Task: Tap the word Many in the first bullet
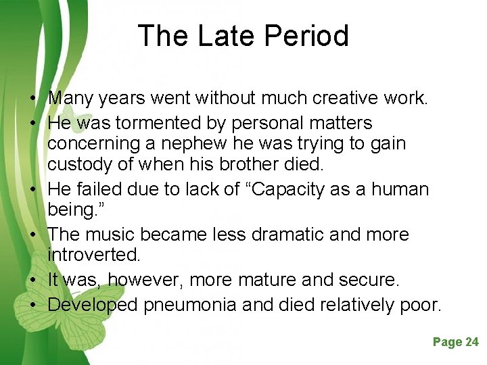pyautogui.click(x=71, y=99)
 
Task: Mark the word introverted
pyautogui.click(x=93, y=255)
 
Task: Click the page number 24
pyautogui.click(x=471, y=342)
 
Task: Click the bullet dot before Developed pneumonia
pyautogui.click(x=32, y=306)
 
